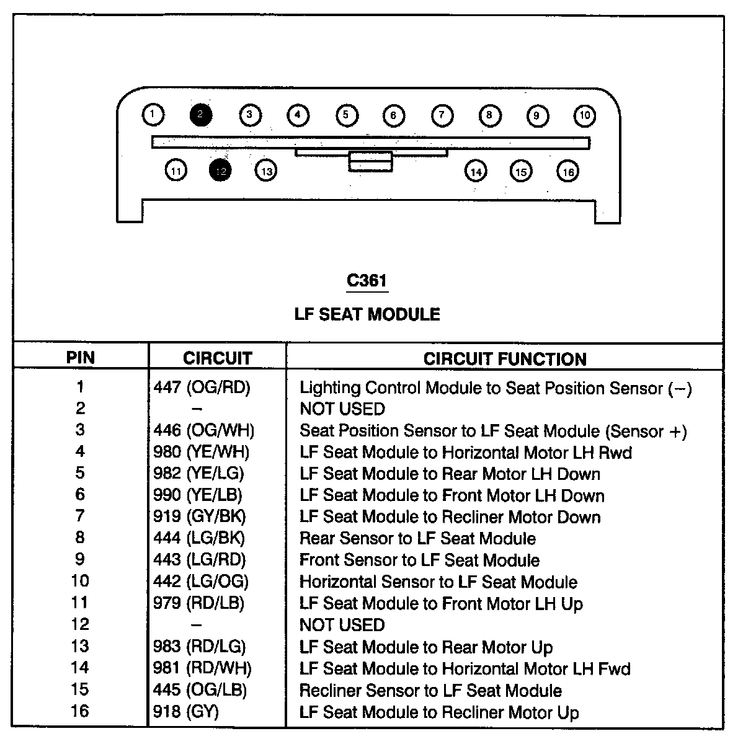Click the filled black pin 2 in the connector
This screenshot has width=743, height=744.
[x=201, y=115]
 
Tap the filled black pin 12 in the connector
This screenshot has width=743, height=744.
[x=221, y=170]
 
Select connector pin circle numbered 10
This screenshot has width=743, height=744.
[x=584, y=115]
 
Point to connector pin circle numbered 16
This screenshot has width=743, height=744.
[x=567, y=171]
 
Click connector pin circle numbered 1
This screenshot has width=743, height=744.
[x=153, y=115]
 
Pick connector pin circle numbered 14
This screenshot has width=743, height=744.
[x=476, y=171]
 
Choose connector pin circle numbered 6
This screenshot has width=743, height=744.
[x=393, y=115]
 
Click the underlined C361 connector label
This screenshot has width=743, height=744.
[x=367, y=281]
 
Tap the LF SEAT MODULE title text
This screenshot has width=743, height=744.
[x=367, y=314]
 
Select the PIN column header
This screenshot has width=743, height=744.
[x=81, y=358]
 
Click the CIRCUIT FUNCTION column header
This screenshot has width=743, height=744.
[x=505, y=358]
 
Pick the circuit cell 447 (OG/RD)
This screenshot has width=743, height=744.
[x=202, y=388]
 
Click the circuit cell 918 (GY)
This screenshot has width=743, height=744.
[x=186, y=712]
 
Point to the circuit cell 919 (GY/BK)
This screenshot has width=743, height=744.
[x=200, y=517]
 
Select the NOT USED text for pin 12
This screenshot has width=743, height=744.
[x=342, y=625]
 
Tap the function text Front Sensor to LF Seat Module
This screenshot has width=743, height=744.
[x=419, y=560]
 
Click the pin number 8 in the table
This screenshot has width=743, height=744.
[x=80, y=538]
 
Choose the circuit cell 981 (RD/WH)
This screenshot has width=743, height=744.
[x=203, y=668]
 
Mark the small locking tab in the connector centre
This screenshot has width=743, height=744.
[x=370, y=161]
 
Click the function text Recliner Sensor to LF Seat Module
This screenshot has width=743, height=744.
[x=430, y=691]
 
